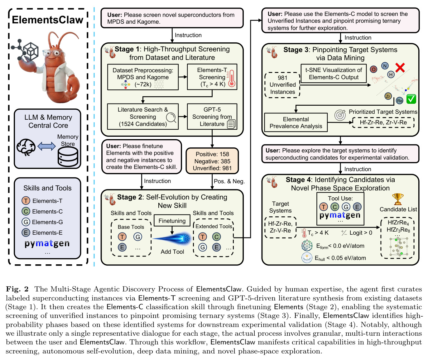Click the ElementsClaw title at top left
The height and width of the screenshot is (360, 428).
(48, 20)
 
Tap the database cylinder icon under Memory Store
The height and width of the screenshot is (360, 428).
(68, 157)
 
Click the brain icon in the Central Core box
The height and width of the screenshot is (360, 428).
(26, 147)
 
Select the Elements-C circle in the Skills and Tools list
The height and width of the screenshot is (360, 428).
(26, 211)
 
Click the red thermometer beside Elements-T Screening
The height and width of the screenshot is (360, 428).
(232, 78)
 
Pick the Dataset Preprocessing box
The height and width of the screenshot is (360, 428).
(143, 77)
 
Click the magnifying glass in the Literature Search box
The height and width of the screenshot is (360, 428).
(171, 118)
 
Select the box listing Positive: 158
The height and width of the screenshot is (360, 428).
(212, 161)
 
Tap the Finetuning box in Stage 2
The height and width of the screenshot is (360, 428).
(172, 221)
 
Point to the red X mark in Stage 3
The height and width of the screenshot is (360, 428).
(400, 68)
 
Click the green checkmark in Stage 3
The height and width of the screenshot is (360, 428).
(411, 99)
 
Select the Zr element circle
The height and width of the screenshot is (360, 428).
(388, 96)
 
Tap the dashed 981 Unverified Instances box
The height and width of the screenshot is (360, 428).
(282, 85)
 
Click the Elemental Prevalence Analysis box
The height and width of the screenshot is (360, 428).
(296, 122)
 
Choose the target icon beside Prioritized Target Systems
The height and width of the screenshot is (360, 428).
(340, 115)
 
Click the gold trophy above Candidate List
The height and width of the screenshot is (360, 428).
(398, 199)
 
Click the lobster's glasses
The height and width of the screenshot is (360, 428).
(53, 53)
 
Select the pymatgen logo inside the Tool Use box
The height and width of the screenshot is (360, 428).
(340, 215)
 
